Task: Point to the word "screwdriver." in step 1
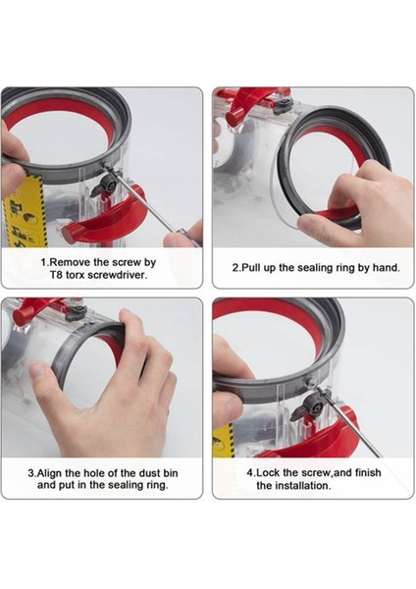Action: (x=124, y=276)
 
